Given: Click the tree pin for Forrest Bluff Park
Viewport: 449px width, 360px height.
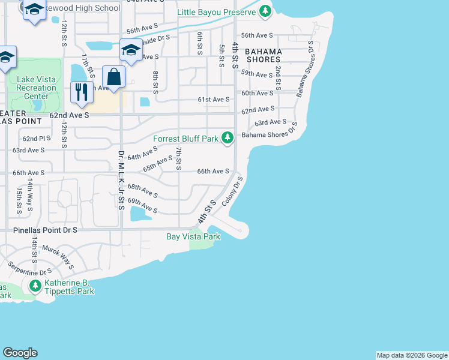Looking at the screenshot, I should tap(227, 138).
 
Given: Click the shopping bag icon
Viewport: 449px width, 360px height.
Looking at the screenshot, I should tap(114, 77).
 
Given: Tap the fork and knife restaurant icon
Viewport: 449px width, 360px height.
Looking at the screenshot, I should tap(80, 91).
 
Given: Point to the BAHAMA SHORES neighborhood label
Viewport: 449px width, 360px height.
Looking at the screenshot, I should tap(263, 55).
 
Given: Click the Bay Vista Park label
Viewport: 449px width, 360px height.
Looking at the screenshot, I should tap(193, 236).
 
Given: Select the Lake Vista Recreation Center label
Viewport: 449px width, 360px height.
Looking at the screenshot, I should tap(37, 88).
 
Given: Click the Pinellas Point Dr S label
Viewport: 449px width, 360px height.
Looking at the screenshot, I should tap(46, 230).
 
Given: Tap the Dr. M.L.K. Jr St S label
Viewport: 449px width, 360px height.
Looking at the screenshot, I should tap(121, 181).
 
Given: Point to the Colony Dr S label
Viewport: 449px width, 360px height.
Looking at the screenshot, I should tap(234, 191).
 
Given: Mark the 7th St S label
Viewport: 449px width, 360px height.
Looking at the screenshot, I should tap(178, 157).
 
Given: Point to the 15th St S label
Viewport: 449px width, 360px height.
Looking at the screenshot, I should tap(19, 200).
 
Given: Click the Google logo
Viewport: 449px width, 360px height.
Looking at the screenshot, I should tap(20, 353).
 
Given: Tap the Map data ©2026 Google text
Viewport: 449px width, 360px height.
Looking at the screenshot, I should tap(411, 355).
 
